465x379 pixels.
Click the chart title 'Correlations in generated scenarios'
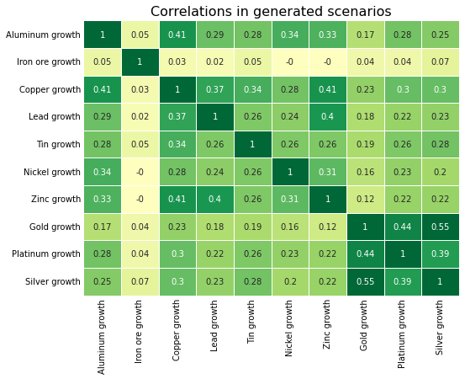click(x=270, y=12)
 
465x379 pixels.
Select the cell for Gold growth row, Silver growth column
click(x=440, y=227)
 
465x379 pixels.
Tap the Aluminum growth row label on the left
click(x=43, y=35)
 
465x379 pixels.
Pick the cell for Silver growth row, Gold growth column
click(x=365, y=281)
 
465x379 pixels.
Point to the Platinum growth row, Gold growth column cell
click(x=365, y=254)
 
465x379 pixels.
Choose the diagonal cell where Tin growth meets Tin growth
click(x=252, y=145)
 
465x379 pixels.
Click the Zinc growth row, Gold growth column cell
click(x=365, y=200)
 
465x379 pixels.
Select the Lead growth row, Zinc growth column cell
click(x=327, y=117)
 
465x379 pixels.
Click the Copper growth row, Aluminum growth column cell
click(x=103, y=89)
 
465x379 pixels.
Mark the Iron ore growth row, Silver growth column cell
click(x=440, y=62)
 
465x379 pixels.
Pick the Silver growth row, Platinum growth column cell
click(x=403, y=281)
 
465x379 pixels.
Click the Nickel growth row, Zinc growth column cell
click(x=327, y=172)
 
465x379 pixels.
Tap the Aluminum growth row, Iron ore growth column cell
click(x=140, y=35)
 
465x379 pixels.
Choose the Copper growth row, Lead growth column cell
click(x=214, y=89)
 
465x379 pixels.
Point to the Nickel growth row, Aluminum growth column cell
click(x=103, y=172)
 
